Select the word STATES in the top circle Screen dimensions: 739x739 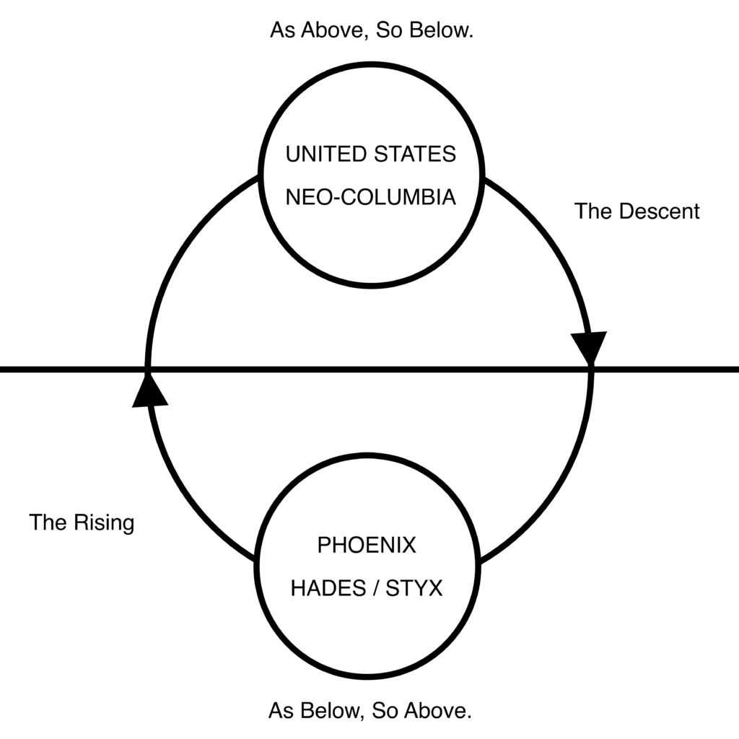point(415,154)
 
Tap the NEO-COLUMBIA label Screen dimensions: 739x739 point(371,197)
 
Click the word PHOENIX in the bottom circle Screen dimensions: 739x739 point(367,546)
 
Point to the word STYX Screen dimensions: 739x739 point(414,588)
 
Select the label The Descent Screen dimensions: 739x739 point(637,211)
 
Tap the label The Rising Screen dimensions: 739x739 point(82,522)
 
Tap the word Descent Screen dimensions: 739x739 point(660,211)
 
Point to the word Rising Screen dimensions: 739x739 point(107,523)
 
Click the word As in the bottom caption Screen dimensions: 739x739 point(281,711)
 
